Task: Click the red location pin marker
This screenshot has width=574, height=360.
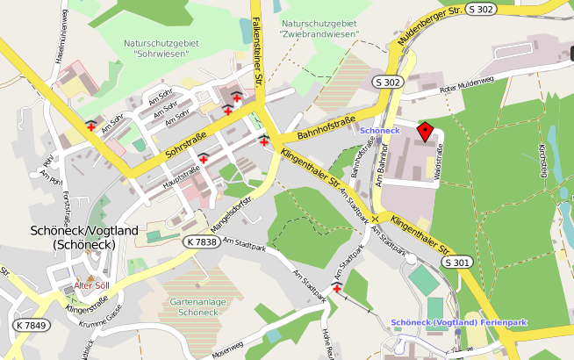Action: (x=426, y=132)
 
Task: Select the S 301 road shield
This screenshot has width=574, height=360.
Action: (x=456, y=262)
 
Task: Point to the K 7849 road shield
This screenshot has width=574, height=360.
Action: (x=32, y=326)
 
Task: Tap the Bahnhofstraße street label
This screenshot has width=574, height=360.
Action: (x=326, y=127)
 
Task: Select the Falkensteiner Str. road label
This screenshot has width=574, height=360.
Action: (x=257, y=53)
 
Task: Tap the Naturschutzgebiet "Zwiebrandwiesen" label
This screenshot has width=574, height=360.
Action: (x=319, y=27)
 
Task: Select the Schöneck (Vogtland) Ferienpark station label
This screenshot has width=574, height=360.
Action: (x=458, y=322)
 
